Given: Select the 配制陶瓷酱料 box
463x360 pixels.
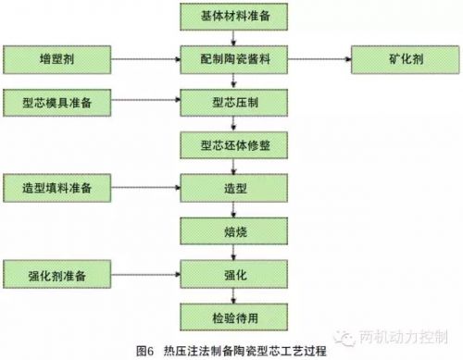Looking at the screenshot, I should tap(231, 58).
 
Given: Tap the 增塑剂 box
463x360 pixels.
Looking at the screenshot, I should tap(56, 58).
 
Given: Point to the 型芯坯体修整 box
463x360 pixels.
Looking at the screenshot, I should tap(231, 146).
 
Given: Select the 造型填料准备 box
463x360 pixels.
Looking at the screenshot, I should tap(56, 187).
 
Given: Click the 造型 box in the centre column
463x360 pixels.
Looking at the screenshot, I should tap(231, 187).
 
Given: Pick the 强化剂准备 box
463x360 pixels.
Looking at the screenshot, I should tap(56, 274).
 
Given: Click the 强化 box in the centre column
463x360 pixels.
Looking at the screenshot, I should tap(231, 274).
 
